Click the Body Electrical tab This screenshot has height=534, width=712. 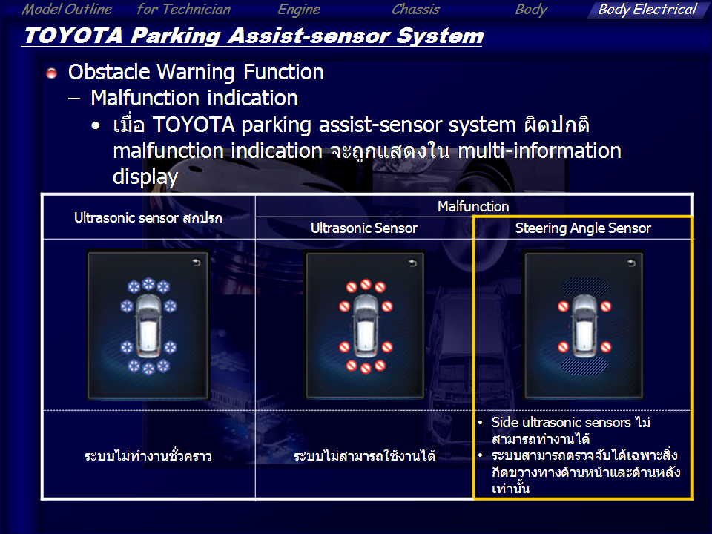[x=647, y=10]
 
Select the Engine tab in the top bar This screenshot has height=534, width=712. [x=299, y=10]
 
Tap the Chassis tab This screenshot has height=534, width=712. [x=415, y=9]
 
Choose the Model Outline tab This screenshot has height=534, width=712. [x=67, y=9]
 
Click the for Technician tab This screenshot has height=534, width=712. [x=183, y=9]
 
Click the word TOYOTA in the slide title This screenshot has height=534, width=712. [x=73, y=36]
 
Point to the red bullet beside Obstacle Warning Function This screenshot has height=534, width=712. [x=51, y=73]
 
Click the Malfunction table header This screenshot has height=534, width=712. [x=473, y=207]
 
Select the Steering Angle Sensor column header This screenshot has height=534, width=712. [x=583, y=228]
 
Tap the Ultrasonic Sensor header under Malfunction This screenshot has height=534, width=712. [x=363, y=228]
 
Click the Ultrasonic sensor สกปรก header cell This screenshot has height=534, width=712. [x=148, y=218]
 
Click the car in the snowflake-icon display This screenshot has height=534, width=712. [x=148, y=325]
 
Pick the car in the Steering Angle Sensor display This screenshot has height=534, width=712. [x=585, y=325]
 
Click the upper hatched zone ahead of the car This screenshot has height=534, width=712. [x=585, y=286]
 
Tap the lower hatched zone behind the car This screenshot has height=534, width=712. [x=585, y=366]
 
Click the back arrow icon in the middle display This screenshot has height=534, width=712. [x=413, y=263]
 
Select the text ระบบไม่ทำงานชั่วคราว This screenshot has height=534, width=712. [x=148, y=455]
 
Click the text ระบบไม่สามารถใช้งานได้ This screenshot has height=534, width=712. [x=364, y=455]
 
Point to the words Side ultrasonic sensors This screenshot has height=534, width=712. [x=561, y=423]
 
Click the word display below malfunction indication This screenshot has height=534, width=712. [x=145, y=177]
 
